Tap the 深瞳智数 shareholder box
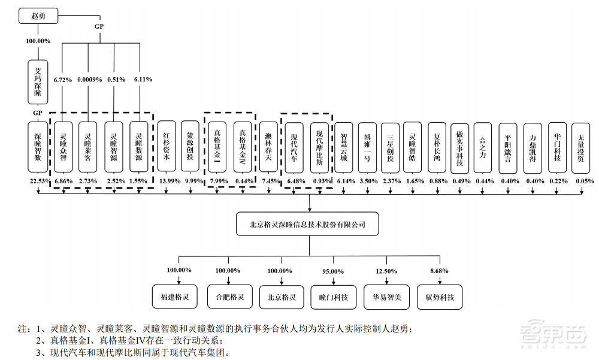point(39,148)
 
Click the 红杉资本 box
point(167,148)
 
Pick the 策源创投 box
point(191,148)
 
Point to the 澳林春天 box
point(269,148)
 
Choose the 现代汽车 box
point(294,148)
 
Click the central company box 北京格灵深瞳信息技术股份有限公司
point(307,225)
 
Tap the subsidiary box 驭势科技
point(440,297)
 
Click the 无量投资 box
point(582,148)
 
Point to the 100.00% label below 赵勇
point(39,41)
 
